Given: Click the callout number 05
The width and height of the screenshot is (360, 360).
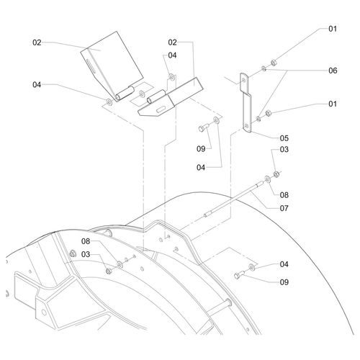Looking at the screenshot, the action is coord(284,138).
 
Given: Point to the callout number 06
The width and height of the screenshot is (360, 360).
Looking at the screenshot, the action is coord(333,71).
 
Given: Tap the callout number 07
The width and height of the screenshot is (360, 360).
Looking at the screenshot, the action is coord(284,208).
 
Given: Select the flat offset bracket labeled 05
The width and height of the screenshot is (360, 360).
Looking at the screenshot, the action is coord(246,103).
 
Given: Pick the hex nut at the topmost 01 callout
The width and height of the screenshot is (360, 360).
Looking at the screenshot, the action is coord(274,63).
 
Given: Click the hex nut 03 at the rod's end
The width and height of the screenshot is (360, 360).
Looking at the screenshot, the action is coord(276,174).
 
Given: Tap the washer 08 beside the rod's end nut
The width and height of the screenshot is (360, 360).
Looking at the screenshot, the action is coord(267,179).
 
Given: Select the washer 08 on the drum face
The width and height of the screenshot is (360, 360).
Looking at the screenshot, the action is coord(120,264).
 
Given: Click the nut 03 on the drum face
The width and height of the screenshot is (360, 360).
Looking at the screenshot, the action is coord(109,271).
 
